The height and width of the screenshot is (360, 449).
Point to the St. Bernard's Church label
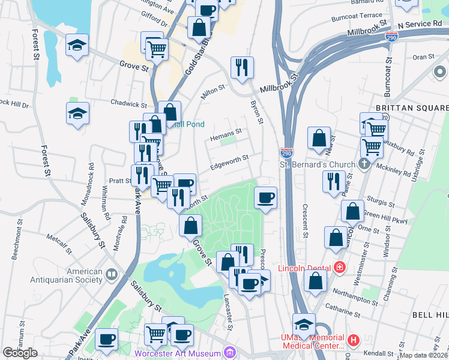(318, 164)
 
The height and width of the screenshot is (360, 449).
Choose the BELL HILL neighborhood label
(429, 314)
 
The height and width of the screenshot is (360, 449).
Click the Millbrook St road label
(279, 83)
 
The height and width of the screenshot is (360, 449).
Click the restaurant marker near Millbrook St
(242, 67)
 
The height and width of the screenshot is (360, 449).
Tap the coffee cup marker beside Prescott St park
(265, 197)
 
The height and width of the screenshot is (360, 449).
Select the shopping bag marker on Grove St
(190, 226)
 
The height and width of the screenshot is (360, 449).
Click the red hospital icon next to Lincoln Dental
(340, 267)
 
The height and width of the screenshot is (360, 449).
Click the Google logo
(20, 353)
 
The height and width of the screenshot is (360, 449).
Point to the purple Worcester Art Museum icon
(228, 353)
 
